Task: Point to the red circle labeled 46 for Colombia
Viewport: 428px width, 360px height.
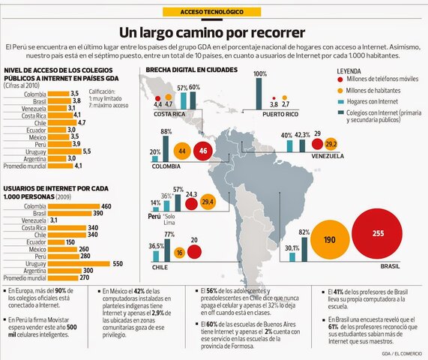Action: [203, 151]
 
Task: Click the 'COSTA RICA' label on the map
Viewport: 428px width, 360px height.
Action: [169, 115]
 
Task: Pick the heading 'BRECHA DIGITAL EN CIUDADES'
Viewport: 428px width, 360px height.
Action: [191, 69]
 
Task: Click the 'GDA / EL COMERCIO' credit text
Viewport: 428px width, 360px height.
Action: [403, 353]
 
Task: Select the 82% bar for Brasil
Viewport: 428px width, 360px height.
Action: [304, 248]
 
